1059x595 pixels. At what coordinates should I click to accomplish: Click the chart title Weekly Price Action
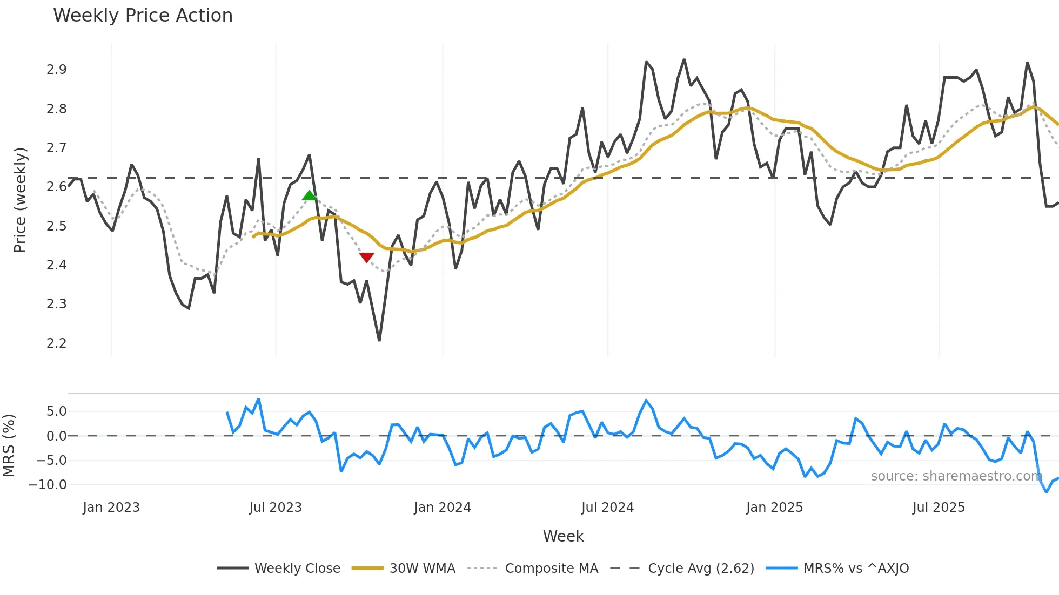tap(143, 16)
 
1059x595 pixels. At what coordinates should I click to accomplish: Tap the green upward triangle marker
tap(309, 195)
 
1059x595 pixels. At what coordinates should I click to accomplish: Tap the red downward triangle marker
tap(366, 258)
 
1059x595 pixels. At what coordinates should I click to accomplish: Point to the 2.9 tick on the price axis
tap(56, 70)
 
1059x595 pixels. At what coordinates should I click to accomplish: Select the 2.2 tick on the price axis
tap(56, 343)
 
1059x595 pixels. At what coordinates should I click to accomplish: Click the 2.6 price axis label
tap(56, 187)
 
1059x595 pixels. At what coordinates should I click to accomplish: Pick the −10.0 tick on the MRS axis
tap(48, 485)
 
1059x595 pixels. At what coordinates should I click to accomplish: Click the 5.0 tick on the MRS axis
tap(56, 411)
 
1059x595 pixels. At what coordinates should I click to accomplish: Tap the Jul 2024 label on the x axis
tap(607, 508)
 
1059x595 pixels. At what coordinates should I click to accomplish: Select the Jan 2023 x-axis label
tap(111, 508)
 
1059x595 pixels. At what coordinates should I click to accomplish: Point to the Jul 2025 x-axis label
tap(939, 508)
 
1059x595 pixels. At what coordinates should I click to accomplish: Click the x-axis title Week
tap(563, 536)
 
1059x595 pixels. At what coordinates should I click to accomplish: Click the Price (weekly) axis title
tap(20, 200)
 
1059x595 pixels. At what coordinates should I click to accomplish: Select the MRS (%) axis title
tap(9, 445)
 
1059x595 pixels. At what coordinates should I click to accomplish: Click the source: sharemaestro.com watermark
tap(956, 476)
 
